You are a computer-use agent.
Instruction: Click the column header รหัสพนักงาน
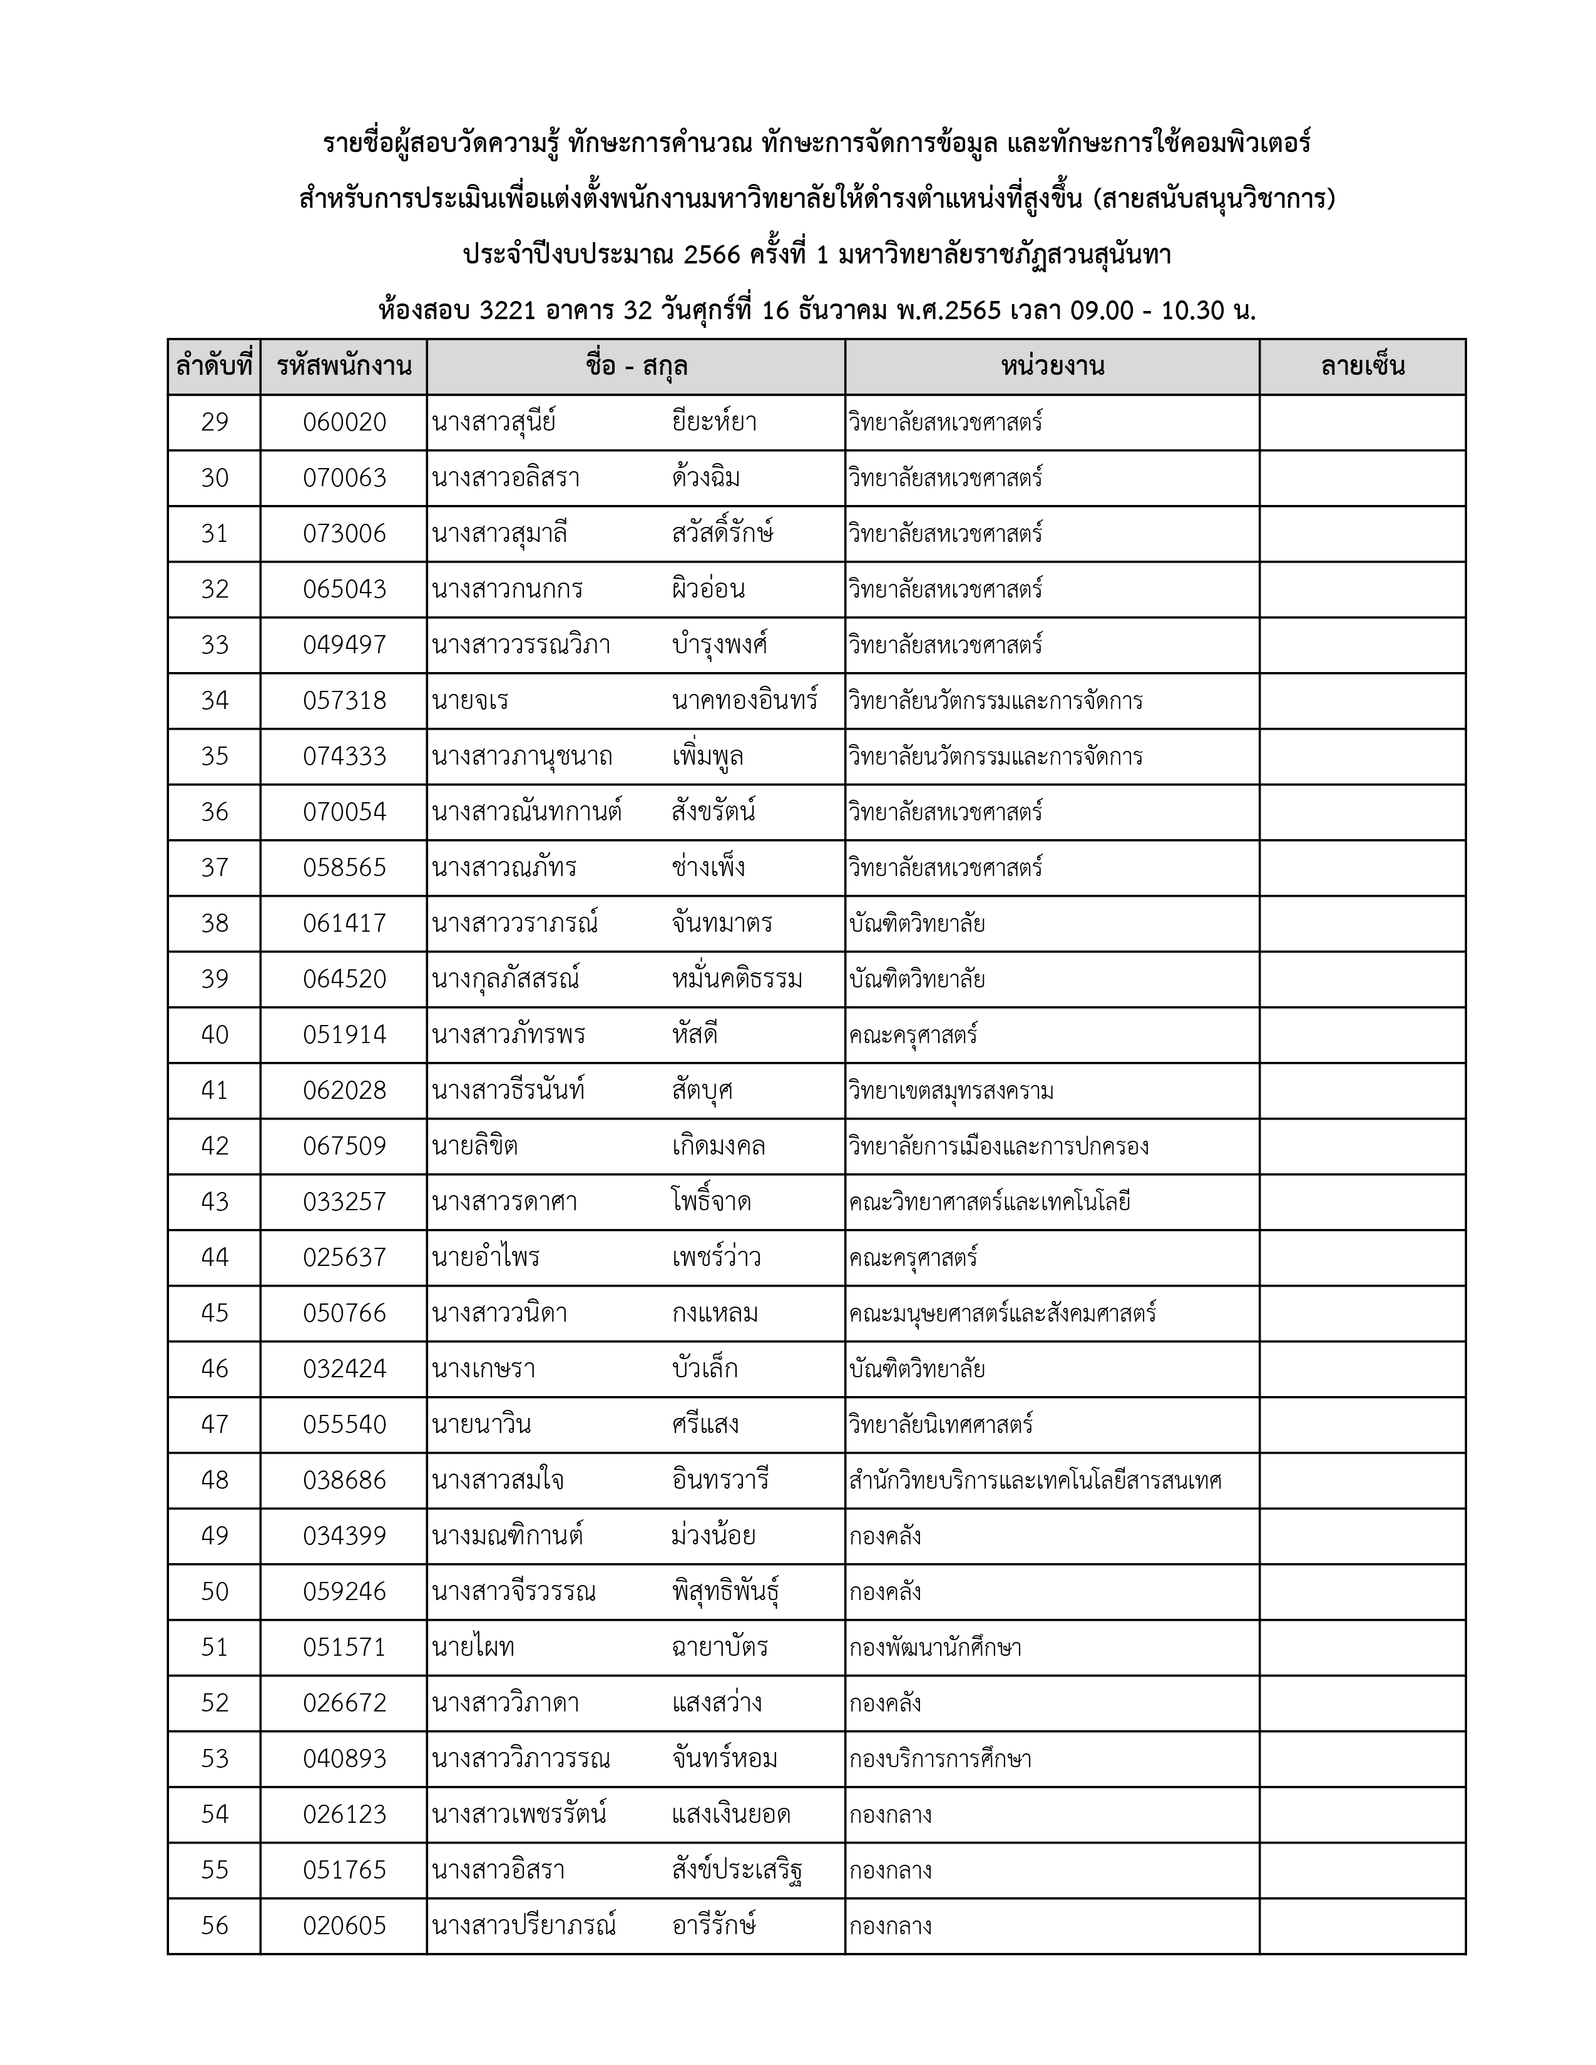point(344,367)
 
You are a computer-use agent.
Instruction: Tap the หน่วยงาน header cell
point(1051,367)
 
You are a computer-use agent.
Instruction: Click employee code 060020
point(344,422)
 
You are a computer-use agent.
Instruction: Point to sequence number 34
point(215,701)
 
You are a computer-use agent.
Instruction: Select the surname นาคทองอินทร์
point(744,701)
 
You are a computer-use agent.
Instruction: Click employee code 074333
point(344,757)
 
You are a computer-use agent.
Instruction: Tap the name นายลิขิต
point(474,1146)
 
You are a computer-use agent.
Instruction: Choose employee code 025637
point(344,1258)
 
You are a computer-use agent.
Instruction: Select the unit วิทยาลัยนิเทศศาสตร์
point(941,1425)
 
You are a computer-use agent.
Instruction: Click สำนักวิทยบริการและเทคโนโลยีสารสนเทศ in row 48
point(1035,1481)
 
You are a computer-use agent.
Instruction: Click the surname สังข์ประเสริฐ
point(737,1870)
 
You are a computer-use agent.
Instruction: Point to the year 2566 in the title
point(711,255)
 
